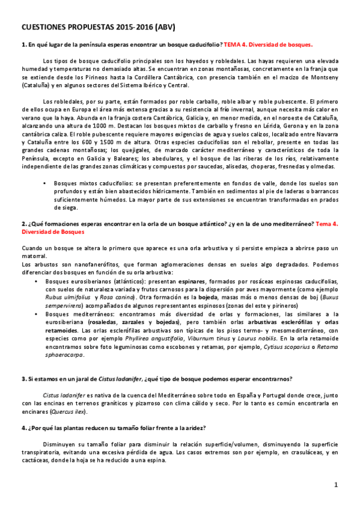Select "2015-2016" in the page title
click(127, 28)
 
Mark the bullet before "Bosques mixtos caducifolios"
click(46, 182)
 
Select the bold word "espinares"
click(171, 280)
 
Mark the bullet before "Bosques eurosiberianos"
click(46, 280)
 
